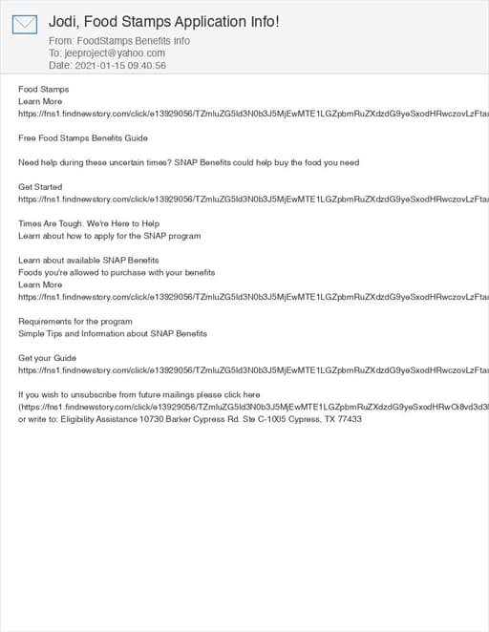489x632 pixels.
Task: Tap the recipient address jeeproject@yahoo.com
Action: click(114, 53)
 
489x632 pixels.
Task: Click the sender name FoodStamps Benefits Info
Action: click(133, 41)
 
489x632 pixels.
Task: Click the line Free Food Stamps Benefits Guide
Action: click(83, 138)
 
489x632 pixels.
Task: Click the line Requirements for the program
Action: click(75, 322)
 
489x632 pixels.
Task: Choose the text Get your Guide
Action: click(48, 358)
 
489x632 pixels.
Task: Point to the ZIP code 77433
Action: click(349, 419)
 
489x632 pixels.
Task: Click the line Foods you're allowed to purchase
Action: click(117, 272)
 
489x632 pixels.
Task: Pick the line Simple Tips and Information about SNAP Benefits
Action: click(113, 333)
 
